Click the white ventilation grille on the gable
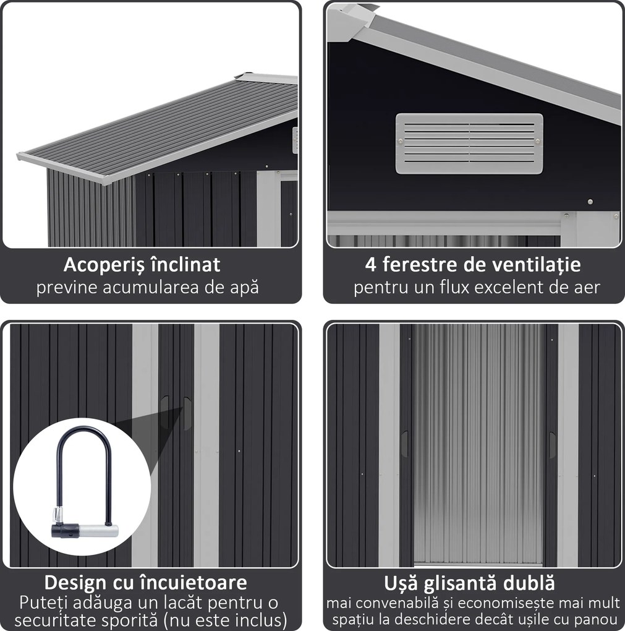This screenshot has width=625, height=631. point(469,144)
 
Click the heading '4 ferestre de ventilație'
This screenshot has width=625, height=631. point(474,265)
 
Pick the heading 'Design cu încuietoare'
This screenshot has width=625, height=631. point(146,582)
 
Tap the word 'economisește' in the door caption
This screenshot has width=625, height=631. point(504,602)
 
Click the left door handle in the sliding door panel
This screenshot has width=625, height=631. point(404,444)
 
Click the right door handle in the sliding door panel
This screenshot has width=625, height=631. point(552,445)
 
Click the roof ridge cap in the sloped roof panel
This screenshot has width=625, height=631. point(266,78)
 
